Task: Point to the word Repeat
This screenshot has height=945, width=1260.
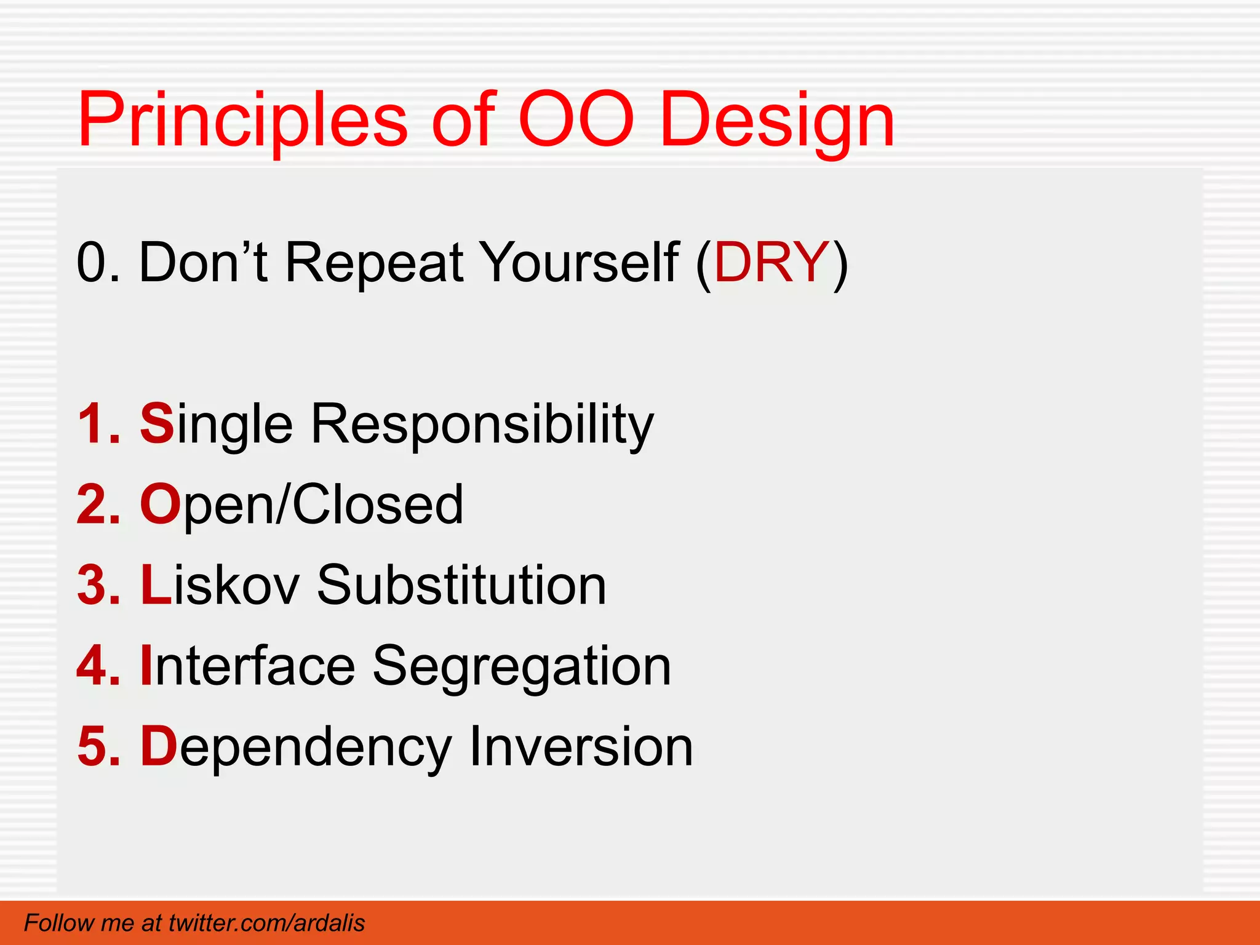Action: click(374, 263)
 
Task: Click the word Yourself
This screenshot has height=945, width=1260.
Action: click(578, 263)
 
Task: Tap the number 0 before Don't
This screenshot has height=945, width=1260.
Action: click(90, 263)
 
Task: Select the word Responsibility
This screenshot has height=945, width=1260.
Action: click(482, 425)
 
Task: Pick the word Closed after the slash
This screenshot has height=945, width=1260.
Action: click(377, 504)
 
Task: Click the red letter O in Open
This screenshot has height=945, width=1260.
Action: click(159, 504)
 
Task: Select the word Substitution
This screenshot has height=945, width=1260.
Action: click(461, 585)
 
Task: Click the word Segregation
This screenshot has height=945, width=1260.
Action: click(522, 667)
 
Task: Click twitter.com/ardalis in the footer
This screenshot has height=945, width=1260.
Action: click(266, 923)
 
